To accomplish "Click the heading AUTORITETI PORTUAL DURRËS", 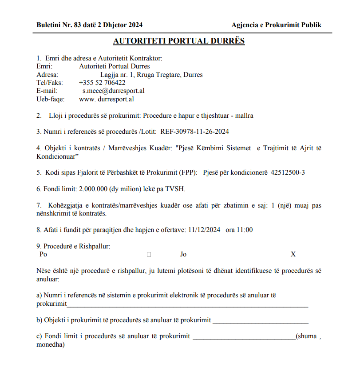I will (179, 41).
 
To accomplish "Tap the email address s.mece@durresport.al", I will (114, 91).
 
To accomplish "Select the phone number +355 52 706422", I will (102, 83).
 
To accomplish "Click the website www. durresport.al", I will (107, 99).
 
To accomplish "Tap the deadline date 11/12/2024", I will (204, 230).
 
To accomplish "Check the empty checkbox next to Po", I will (149, 255).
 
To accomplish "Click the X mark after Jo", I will (293, 254).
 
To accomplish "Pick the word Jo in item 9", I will (183, 254).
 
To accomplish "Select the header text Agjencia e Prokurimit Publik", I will (276, 25).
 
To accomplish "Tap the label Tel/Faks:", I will (50, 83).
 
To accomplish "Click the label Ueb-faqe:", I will (51, 99).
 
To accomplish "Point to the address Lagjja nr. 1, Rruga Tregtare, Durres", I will (151, 75).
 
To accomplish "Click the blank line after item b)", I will (260, 321).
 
